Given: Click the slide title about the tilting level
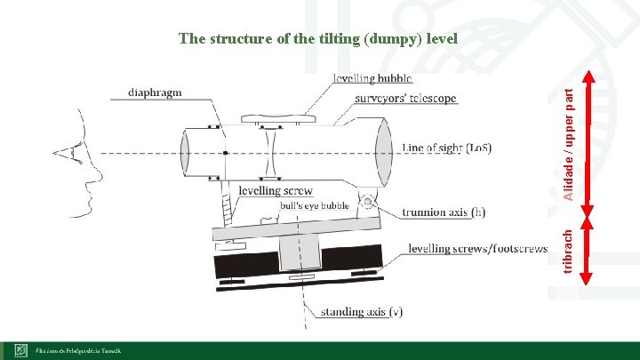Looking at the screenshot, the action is coord(317,39).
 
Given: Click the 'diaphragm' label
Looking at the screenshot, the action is coord(156,92).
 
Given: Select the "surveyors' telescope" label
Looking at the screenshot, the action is coord(405,99).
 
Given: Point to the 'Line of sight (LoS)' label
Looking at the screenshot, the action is coord(446,148).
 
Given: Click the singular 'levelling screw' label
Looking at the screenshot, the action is coord(276,191).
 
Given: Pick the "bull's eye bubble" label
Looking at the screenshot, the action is coord(315,206).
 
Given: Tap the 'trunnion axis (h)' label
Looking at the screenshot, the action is coord(444,212).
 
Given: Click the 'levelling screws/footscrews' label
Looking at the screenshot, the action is coord(477,249).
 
